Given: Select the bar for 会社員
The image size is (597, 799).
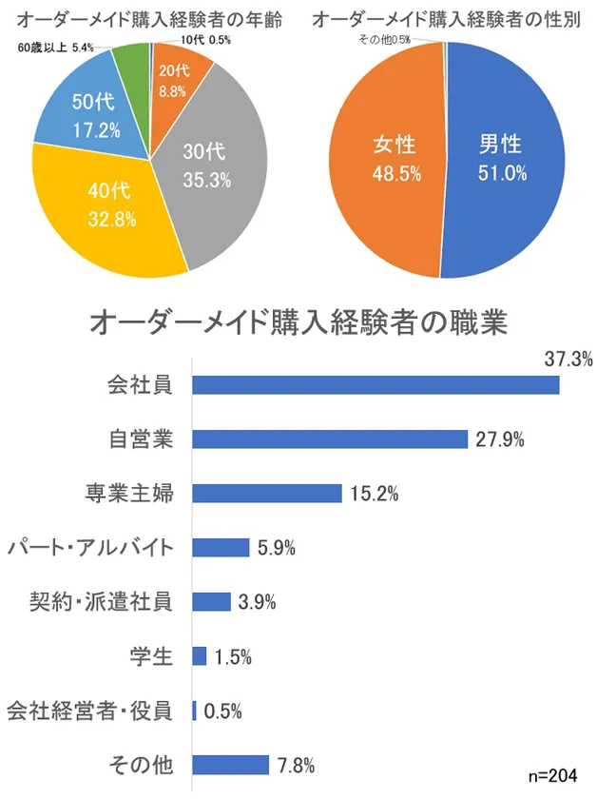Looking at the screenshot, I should [x=376, y=384].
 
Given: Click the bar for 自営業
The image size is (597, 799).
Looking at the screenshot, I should [x=330, y=438].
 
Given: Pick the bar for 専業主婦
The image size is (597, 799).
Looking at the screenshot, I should [x=267, y=493].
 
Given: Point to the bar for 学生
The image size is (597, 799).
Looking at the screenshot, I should [x=200, y=655].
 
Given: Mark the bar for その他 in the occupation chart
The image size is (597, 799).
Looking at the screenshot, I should [x=231, y=764].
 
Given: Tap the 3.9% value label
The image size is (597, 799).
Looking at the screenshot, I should [x=257, y=601].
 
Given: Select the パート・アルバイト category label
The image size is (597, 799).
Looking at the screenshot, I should [x=90, y=547].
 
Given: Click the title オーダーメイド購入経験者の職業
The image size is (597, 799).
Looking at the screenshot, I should [x=298, y=322].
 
